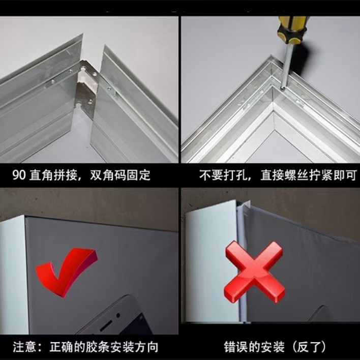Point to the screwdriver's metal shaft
click(x=286, y=66)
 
